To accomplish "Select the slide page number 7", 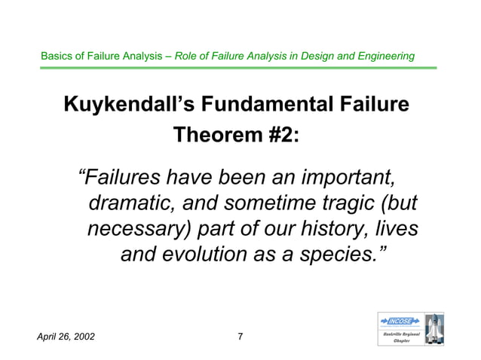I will coord(240,336).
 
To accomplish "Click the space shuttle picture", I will coord(434,329).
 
